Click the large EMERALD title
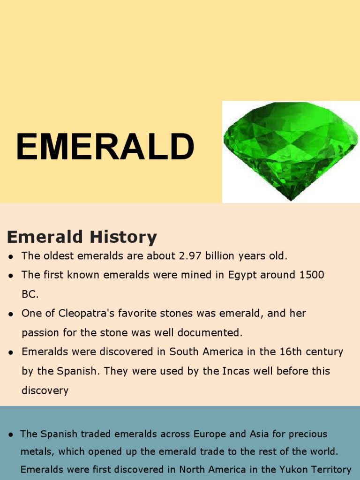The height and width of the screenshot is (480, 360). [x=105, y=147]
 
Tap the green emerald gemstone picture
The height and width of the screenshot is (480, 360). [x=290, y=150]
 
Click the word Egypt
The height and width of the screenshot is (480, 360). [x=243, y=275]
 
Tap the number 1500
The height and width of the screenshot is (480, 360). [x=311, y=275]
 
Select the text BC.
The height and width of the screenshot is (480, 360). [x=30, y=294]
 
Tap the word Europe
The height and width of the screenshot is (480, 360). [x=220, y=434]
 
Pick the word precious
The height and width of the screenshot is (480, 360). [x=309, y=434]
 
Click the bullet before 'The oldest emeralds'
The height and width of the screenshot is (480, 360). [x=10, y=256]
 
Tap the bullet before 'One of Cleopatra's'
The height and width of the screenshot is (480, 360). [x=10, y=314]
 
